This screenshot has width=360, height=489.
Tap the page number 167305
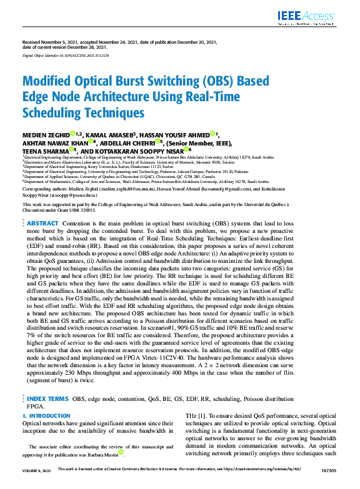point(327,485)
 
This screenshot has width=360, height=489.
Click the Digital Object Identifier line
point(66,56)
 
